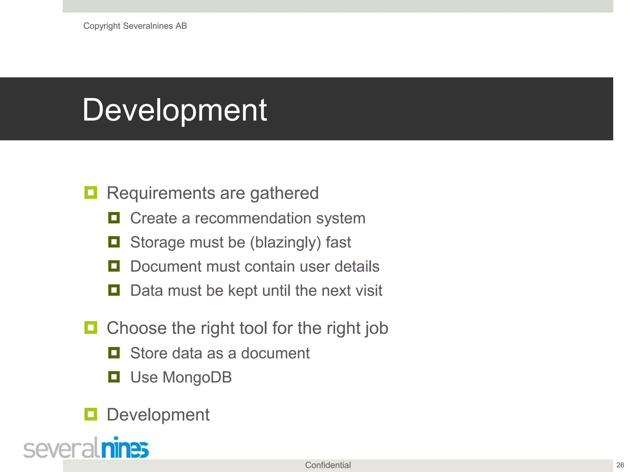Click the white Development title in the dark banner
(x=174, y=110)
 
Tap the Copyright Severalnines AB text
(x=135, y=26)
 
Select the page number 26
(x=620, y=465)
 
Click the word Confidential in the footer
(x=328, y=465)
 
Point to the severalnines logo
(x=86, y=448)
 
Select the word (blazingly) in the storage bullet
(x=285, y=242)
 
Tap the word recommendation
(x=253, y=218)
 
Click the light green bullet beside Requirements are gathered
(x=91, y=193)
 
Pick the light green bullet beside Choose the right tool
(x=91, y=328)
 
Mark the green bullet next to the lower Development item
(x=91, y=414)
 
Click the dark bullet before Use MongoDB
(x=114, y=377)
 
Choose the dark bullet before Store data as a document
(x=114, y=353)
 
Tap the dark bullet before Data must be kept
(x=114, y=290)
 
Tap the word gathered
(x=284, y=194)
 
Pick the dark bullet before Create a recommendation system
(x=114, y=218)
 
